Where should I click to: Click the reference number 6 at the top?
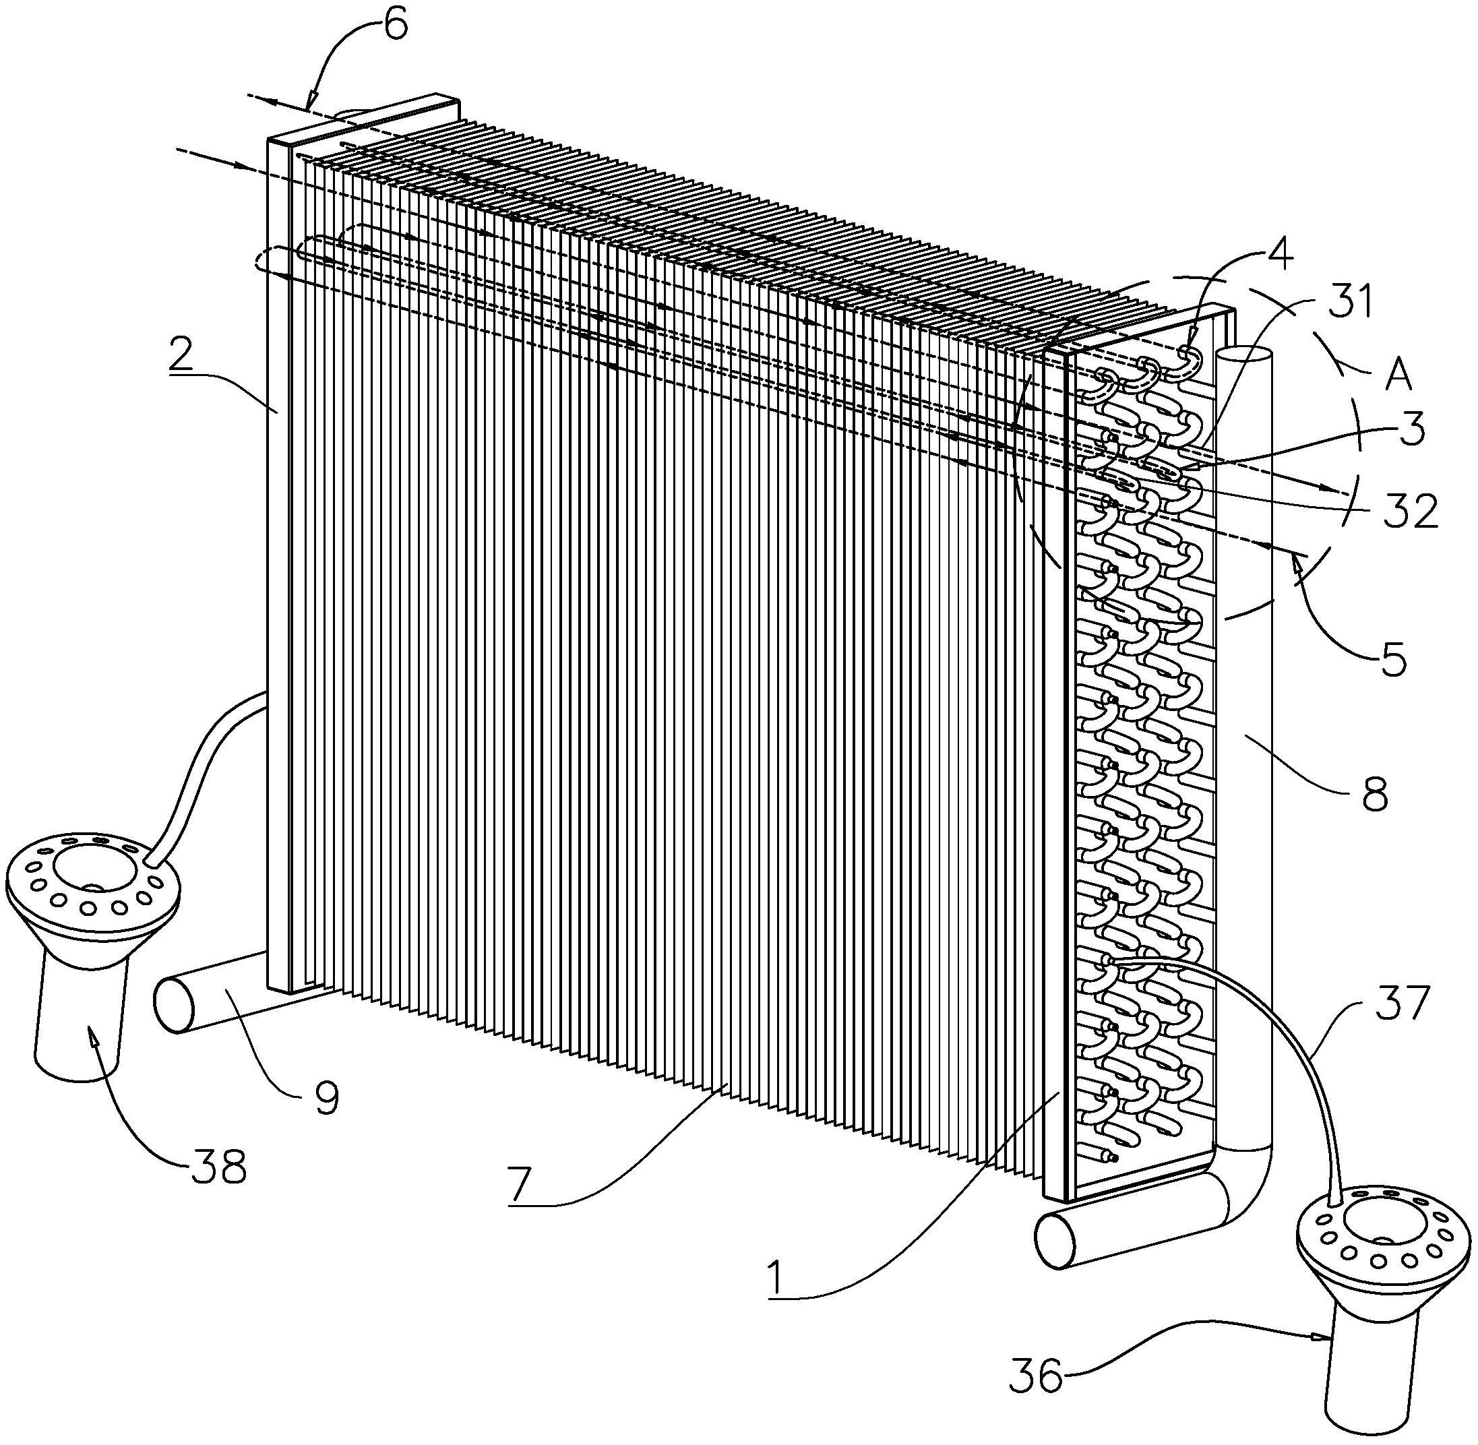[x=394, y=25]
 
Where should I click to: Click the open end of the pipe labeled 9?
[x=175, y=1006]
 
